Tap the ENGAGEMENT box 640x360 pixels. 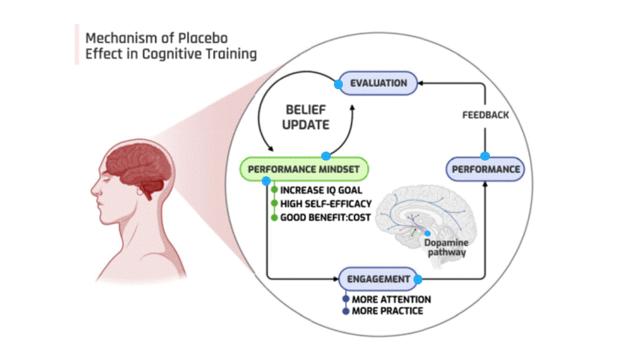(378, 280)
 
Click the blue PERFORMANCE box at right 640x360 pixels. (485, 169)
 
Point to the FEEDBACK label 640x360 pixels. (485, 115)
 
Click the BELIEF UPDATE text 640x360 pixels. (305, 116)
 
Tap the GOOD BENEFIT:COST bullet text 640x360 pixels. (326, 217)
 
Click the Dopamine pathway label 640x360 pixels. (447, 248)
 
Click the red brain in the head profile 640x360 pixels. (138, 160)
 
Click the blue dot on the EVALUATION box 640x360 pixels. (338, 83)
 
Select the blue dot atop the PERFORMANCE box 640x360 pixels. (485, 156)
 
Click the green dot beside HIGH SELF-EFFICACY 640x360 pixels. (275, 204)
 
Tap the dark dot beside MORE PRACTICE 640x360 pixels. (346, 310)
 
